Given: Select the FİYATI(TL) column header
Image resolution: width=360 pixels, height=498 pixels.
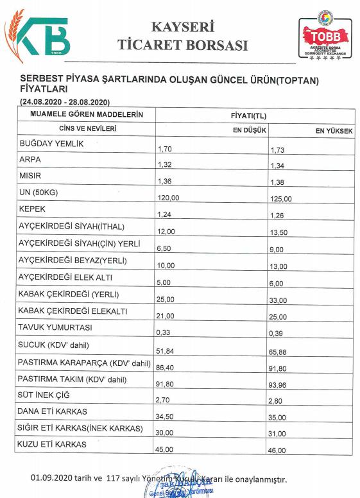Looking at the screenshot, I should click(x=248, y=116).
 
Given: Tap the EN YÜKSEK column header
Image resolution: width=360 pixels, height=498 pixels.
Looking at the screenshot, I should click(x=334, y=130).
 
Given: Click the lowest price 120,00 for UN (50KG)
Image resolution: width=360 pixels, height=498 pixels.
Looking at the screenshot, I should click(x=168, y=199).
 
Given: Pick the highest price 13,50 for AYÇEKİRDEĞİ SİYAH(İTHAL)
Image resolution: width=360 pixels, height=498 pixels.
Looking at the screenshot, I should click(x=282, y=232).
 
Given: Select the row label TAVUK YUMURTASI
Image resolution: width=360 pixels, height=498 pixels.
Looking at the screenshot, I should click(x=56, y=327).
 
